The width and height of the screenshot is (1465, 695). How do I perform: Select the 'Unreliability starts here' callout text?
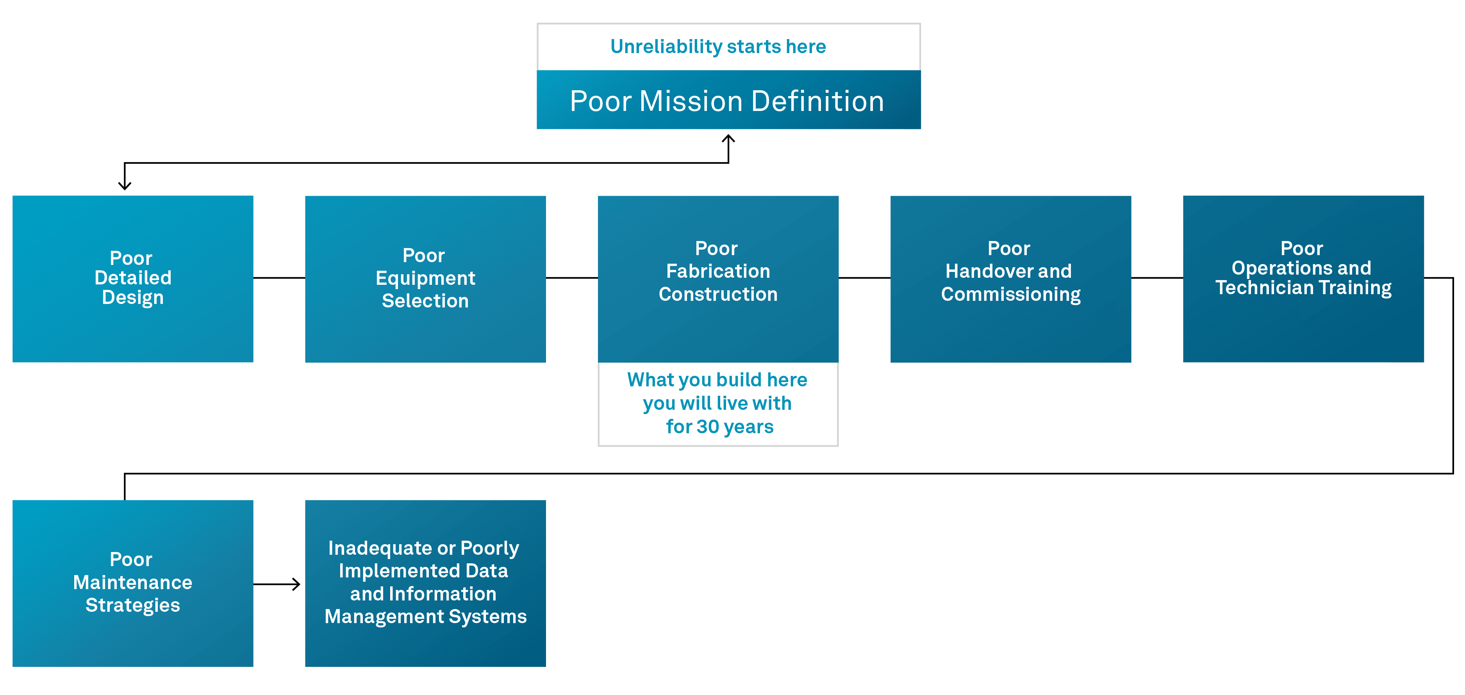click(x=718, y=46)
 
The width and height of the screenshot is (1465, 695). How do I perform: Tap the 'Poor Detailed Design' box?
click(x=132, y=279)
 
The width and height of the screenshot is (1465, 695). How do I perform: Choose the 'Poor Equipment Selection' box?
click(x=425, y=279)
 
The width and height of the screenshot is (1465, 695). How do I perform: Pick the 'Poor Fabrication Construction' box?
click(x=718, y=279)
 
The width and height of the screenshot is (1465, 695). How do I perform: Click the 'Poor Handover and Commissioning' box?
click(x=1010, y=279)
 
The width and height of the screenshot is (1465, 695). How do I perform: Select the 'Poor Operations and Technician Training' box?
click(x=1303, y=279)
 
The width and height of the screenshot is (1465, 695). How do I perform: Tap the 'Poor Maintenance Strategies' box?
click(x=132, y=583)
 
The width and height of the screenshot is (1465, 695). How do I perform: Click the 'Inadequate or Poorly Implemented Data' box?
click(x=425, y=583)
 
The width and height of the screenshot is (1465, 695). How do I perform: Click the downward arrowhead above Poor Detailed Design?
click(x=125, y=186)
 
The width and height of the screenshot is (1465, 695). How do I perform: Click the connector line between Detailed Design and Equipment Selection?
click(x=279, y=278)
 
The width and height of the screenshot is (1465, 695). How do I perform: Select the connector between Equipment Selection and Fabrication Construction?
click(x=571, y=278)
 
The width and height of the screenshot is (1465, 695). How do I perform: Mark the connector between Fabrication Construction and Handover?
click(x=864, y=278)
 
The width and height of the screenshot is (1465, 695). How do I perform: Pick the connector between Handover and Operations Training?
click(x=1157, y=278)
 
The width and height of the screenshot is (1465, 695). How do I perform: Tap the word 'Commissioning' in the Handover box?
click(x=1011, y=295)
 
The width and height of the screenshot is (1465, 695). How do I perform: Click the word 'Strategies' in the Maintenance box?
click(x=132, y=606)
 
